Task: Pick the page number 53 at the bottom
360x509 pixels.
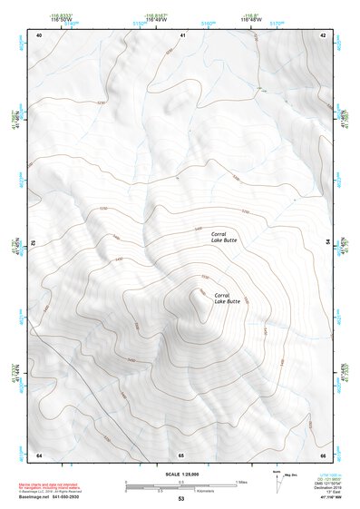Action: [x=180, y=500]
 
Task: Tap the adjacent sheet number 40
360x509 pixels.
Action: [x=39, y=34]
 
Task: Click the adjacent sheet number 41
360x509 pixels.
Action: [x=181, y=34]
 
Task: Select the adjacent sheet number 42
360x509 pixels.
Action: [x=323, y=34]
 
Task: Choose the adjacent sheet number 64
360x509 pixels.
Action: [x=39, y=454]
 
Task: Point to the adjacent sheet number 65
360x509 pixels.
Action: [x=181, y=454]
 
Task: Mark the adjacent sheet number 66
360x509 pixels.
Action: [x=323, y=454]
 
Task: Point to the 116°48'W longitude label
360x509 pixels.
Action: [x=250, y=19]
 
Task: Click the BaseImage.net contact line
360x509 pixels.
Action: [x=54, y=500]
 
